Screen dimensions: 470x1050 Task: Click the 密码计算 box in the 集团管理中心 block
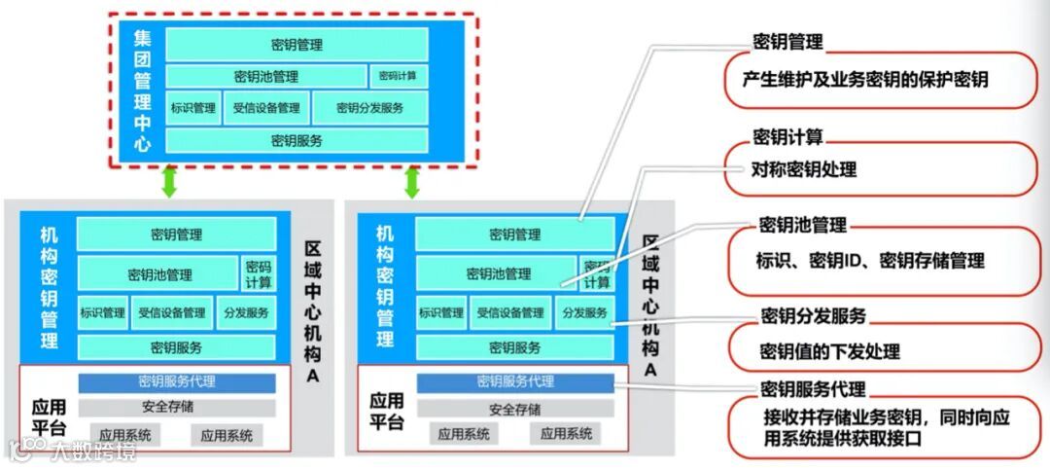pyautogui.click(x=398, y=76)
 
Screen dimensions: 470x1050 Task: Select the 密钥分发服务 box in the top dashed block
pyautogui.click(x=369, y=108)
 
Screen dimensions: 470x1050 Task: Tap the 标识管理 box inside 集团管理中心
pyautogui.click(x=192, y=108)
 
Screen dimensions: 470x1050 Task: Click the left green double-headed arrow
pyautogui.click(x=169, y=181)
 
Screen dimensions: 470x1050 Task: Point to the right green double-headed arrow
pyautogui.click(x=411, y=181)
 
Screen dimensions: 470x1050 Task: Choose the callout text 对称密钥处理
pyautogui.click(x=804, y=169)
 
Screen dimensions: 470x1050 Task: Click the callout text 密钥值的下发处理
pyautogui.click(x=829, y=351)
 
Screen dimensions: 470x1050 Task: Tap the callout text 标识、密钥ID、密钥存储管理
pyautogui.click(x=870, y=261)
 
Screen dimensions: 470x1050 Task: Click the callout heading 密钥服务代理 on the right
pyautogui.click(x=813, y=389)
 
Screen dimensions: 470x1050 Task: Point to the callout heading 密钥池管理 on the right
pyautogui.click(x=803, y=226)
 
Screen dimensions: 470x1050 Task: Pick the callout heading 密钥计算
pyautogui.click(x=787, y=136)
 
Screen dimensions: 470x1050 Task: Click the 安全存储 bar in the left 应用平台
pyautogui.click(x=176, y=408)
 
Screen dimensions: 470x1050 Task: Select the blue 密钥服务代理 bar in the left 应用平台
pyautogui.click(x=176, y=382)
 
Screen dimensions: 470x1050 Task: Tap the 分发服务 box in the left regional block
pyautogui.click(x=246, y=313)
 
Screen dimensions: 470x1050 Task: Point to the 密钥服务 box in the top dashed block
pyautogui.click(x=297, y=140)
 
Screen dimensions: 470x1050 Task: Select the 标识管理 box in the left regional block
pyautogui.click(x=102, y=313)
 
